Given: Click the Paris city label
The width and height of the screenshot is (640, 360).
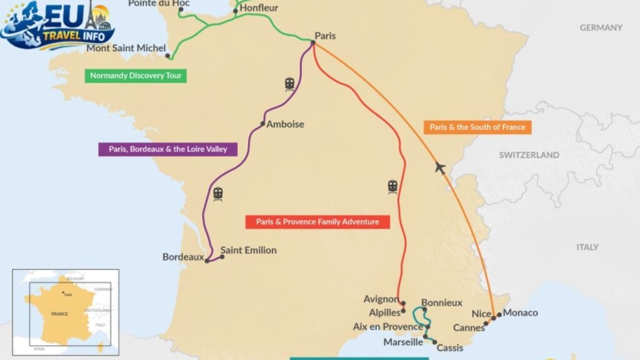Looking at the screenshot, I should coord(325,36).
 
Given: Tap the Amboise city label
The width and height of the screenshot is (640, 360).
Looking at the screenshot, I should coord(285,124).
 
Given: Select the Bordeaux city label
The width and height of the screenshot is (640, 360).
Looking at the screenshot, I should coord(183,257).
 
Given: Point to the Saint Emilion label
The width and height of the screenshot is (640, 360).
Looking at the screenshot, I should coord(248,250).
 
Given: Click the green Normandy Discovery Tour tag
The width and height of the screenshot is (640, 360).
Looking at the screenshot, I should coord(136,76).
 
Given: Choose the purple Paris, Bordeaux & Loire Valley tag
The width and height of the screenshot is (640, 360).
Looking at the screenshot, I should coord(167,149).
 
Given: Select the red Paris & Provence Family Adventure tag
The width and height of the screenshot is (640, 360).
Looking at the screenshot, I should coord(317,222).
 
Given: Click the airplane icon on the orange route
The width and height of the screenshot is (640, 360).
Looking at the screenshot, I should coord(441,167).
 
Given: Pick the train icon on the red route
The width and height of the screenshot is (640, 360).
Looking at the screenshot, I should coord(392,186).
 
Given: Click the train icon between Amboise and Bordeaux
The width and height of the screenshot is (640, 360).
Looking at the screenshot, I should coord(218,194).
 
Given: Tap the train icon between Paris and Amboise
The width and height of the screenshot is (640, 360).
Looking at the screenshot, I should coord(289,84).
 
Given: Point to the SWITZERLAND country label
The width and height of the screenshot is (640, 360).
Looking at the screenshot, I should coord(529,155).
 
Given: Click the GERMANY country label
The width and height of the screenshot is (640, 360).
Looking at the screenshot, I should coord(601,27).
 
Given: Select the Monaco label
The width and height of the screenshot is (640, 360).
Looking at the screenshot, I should coord(520,312).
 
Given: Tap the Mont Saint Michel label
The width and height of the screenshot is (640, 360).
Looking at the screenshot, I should coord(126,48).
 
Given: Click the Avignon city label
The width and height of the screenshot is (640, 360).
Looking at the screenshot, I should coord(381,299).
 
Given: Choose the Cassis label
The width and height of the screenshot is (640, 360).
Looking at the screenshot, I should coord(450,348).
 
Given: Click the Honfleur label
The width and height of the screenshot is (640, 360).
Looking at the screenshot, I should coord(259,8).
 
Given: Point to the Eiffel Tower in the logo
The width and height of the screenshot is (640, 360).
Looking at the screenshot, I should coord(92,14).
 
